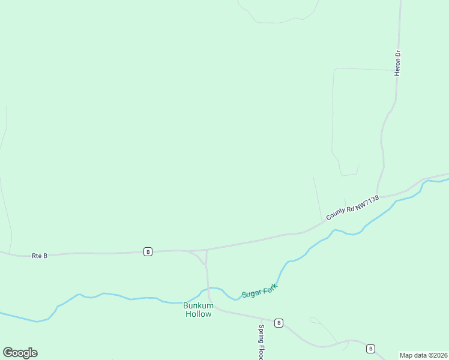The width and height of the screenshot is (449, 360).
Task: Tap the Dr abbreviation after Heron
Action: pos(397,54)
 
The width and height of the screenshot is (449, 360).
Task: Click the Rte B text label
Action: pos(40,256)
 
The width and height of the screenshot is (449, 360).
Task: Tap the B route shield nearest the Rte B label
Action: pos(148,251)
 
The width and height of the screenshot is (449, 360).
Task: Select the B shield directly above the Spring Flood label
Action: pos(279,323)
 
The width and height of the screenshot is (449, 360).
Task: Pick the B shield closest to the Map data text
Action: pos(370,349)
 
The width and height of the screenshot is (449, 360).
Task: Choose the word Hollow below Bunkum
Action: pos(197,314)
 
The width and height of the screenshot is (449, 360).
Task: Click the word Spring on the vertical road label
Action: pos(261,334)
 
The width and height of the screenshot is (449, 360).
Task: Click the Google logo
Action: pos(20,353)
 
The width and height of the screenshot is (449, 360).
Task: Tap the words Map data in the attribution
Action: pos(413,355)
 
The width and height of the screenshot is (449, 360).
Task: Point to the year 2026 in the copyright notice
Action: pos(439,355)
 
